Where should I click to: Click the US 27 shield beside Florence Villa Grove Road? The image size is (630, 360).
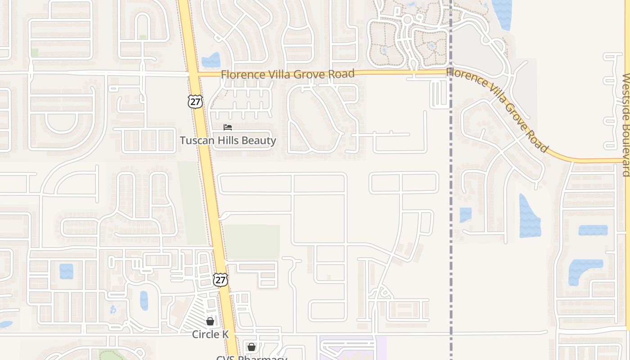coord(195,102)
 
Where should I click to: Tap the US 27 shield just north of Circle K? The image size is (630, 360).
coord(220,279)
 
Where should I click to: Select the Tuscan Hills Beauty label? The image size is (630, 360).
coord(228,140)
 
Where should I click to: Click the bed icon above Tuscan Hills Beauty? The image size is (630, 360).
coord(228,127)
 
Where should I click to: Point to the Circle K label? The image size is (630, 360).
coord(210,334)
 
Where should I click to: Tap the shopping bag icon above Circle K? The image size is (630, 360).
coord(210,321)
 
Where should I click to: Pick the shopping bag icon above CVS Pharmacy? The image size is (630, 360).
coord(252,347)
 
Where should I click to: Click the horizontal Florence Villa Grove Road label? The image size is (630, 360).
coord(288,74)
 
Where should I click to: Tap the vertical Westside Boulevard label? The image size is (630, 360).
coord(625,125)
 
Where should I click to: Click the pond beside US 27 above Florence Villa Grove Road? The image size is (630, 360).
coord(211,61)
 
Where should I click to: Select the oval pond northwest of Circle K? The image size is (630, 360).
coord(144,301)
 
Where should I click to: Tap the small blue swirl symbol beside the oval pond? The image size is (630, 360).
coord(112,310)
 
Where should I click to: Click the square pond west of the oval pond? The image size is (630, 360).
coord(66,271)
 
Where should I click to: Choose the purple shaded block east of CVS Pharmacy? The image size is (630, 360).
coord(353,349)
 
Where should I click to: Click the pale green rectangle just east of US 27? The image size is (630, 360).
coord(252,242)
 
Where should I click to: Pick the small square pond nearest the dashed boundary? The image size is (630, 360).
coord(465,215)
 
